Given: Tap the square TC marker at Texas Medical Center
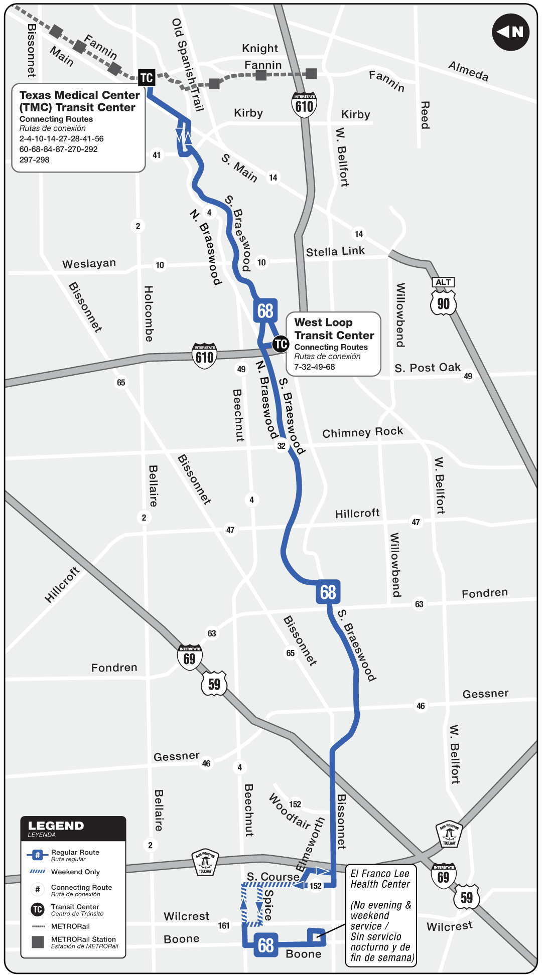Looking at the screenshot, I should pyautogui.click(x=147, y=78).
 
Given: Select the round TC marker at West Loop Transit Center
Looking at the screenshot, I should pyautogui.click(x=281, y=344).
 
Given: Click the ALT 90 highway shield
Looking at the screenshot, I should pyautogui.click(x=443, y=298).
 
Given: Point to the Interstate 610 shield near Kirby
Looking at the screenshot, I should pyautogui.click(x=304, y=105).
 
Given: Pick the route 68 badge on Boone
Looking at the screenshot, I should pyautogui.click(x=265, y=945).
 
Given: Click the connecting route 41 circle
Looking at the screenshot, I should pyautogui.click(x=157, y=155).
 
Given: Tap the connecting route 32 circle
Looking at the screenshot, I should pyautogui.click(x=282, y=446).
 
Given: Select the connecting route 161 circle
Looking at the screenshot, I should pyautogui.click(x=224, y=925).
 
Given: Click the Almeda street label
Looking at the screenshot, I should pyautogui.click(x=468, y=71).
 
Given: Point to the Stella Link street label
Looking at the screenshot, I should pyautogui.click(x=335, y=251).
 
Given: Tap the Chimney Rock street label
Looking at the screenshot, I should pyautogui.click(x=362, y=432).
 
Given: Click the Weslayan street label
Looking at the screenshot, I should pyautogui.click(x=89, y=264).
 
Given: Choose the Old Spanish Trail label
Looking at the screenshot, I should pyautogui.click(x=188, y=65).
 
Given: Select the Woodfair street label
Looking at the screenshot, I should pyautogui.click(x=290, y=810).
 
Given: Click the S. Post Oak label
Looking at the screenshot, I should pyautogui.click(x=427, y=368).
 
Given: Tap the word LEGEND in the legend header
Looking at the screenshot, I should pyautogui.click(x=56, y=826).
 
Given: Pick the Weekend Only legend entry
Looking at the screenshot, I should pyautogui.click(x=75, y=872).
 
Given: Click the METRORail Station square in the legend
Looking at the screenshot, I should pyautogui.click(x=38, y=942).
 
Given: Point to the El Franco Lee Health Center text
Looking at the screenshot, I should pyautogui.click(x=380, y=879).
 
